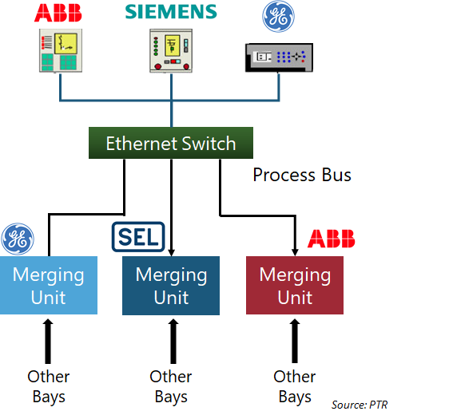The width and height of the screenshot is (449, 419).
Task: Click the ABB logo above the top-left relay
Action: (58, 13)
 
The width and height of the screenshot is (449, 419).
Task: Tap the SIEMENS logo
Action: (171, 12)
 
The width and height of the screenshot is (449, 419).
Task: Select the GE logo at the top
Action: (278, 16)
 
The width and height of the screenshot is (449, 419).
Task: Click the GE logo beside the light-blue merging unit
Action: (18, 239)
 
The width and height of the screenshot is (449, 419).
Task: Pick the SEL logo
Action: (138, 237)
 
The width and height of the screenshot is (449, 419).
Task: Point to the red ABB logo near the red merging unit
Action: (331, 239)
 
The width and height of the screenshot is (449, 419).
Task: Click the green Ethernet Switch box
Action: (171, 143)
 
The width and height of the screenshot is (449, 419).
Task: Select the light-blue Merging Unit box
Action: (49, 285)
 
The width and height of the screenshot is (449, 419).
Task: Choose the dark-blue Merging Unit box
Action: (171, 286)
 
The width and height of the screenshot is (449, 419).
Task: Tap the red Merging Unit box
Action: (295, 285)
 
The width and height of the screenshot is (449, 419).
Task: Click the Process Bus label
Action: (302, 175)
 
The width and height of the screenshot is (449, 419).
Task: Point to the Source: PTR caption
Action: (360, 405)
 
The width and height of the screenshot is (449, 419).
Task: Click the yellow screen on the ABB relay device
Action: (66, 43)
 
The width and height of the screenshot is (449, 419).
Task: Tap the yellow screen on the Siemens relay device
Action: (172, 45)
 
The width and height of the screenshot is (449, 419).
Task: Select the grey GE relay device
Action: (279, 57)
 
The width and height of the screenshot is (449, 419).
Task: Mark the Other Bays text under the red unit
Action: (295, 386)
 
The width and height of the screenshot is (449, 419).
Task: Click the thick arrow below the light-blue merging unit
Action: (48, 342)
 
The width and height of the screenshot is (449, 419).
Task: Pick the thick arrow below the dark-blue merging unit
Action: (173, 342)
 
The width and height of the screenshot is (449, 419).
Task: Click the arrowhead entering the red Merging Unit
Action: (295, 252)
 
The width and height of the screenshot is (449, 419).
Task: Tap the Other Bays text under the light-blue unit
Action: (49, 386)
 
